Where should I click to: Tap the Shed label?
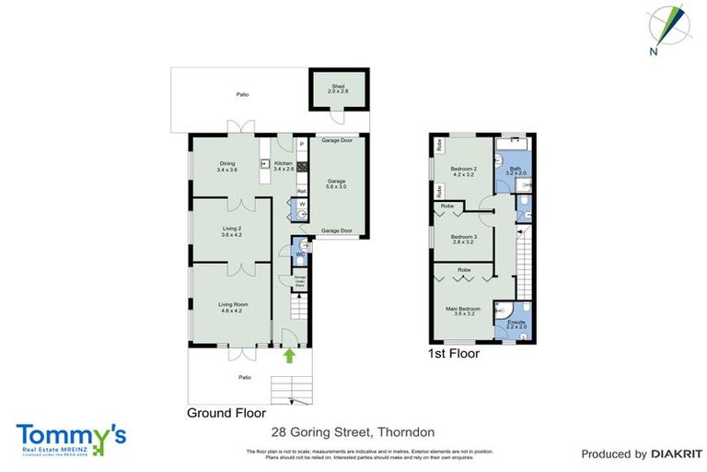pos(338,89)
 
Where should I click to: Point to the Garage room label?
pos(335,182)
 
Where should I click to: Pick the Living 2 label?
pos(231,231)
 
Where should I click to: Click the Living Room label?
pos(231,307)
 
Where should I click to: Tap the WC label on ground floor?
pos(298,254)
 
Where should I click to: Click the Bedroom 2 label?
pos(463,171)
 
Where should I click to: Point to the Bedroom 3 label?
pos(463,239)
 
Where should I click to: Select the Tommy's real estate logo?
pos(71,438)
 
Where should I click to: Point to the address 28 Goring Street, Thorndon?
pos(353,431)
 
